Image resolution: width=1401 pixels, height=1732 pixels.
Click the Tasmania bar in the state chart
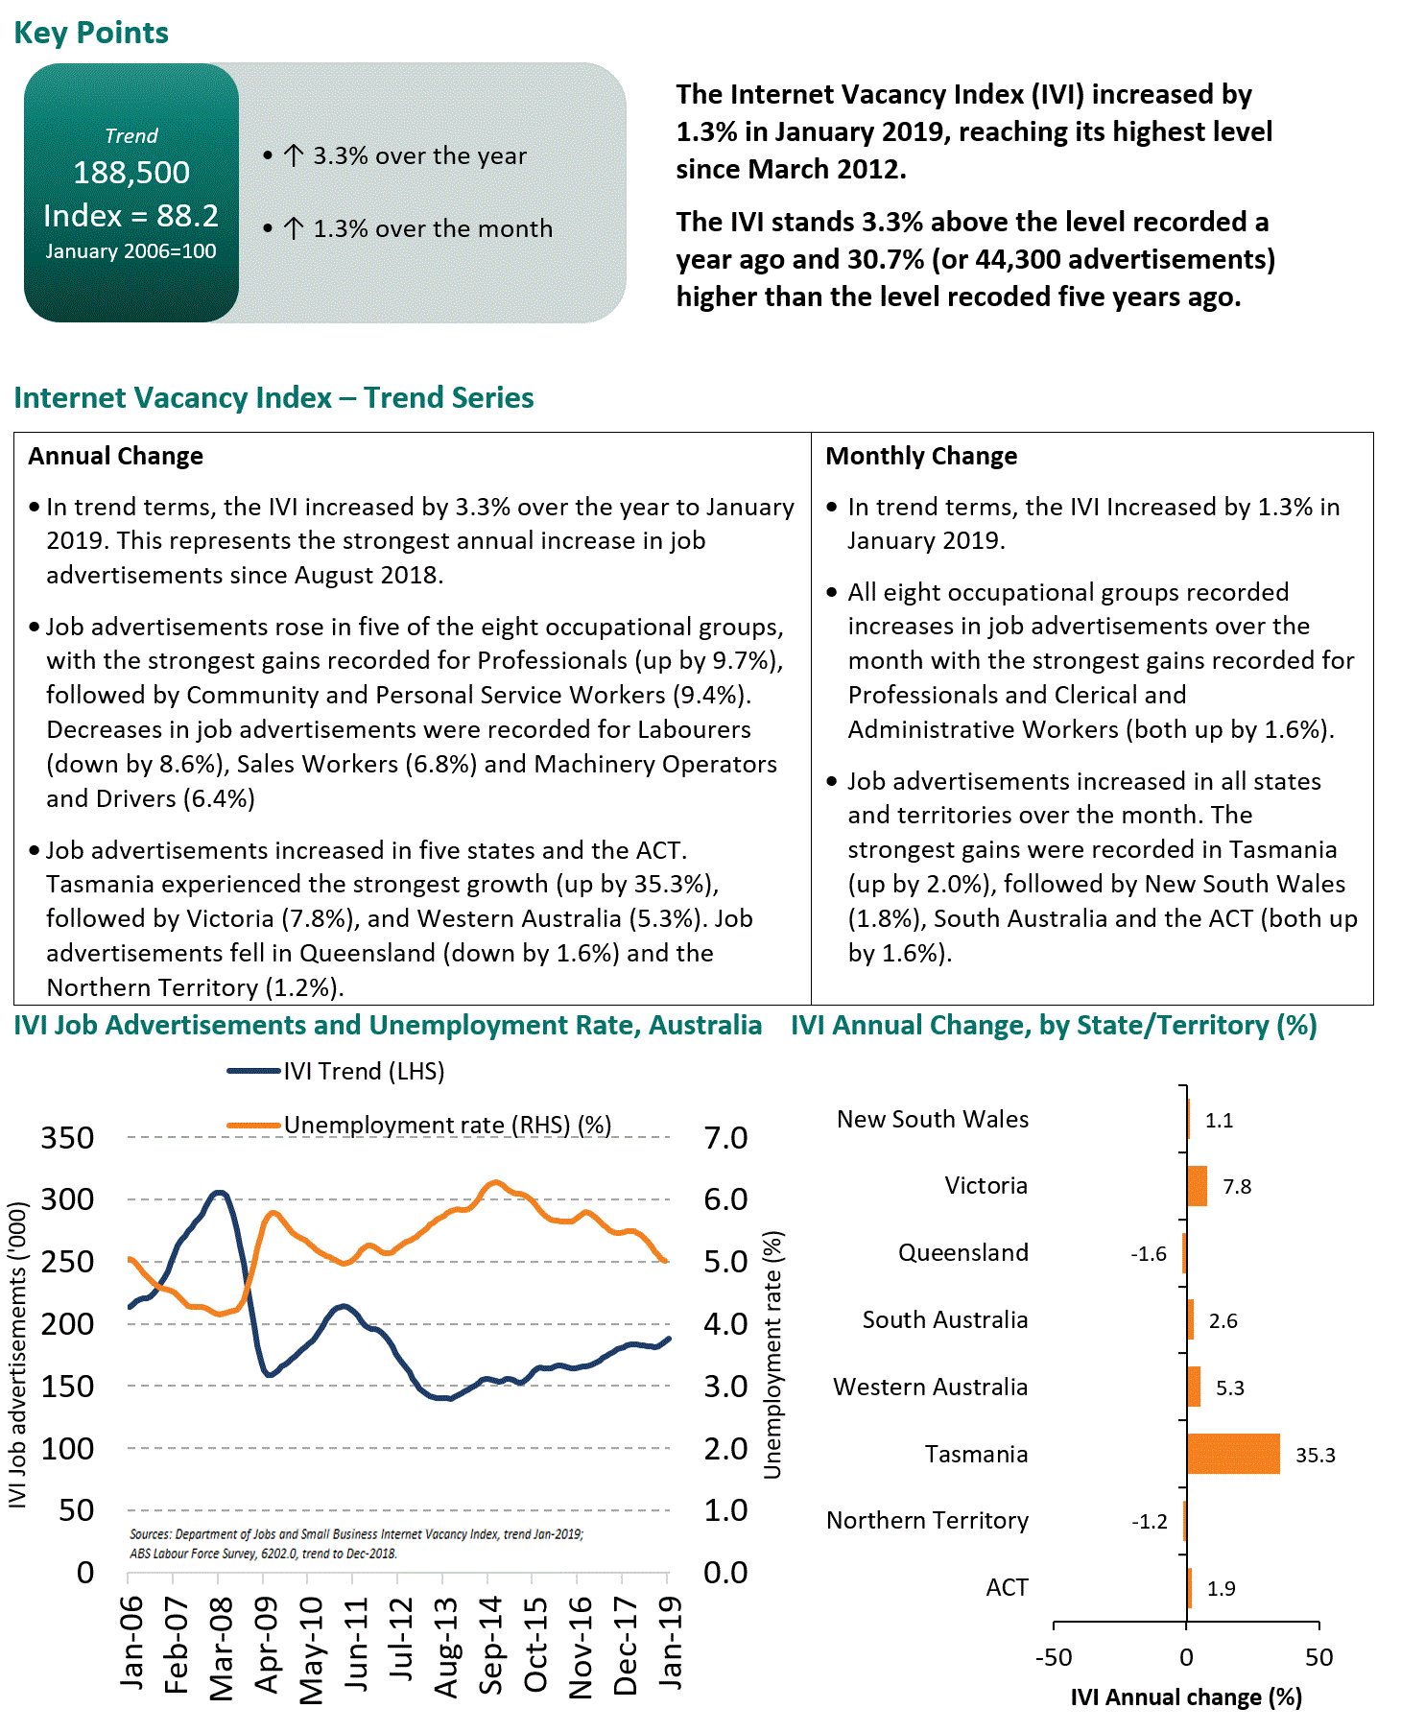click(x=1233, y=1454)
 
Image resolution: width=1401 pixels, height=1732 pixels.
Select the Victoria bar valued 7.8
click(x=1197, y=1186)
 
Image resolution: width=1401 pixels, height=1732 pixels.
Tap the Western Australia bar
click(x=1194, y=1387)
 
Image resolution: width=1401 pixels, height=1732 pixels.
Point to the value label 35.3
click(x=1315, y=1455)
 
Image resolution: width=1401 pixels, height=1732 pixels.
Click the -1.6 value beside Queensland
click(x=1148, y=1254)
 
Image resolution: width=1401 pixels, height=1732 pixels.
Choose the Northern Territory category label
click(x=927, y=1521)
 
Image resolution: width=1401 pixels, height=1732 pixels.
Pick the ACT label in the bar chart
click(x=1007, y=1588)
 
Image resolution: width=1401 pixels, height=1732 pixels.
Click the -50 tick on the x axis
click(x=1053, y=1657)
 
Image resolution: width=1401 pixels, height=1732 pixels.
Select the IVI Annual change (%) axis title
click(x=1186, y=1697)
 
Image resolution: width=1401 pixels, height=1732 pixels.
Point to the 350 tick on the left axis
click(x=67, y=1138)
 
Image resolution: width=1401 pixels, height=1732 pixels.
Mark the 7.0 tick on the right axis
click(x=725, y=1138)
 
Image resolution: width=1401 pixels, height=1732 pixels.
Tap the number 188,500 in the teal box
click(x=131, y=173)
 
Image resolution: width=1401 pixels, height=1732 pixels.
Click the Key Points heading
click(x=91, y=33)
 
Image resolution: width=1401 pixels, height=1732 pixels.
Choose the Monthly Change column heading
click(x=921, y=456)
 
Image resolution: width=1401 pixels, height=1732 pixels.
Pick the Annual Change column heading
click(x=115, y=456)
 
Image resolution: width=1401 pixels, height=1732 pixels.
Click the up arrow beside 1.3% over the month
click(x=294, y=228)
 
